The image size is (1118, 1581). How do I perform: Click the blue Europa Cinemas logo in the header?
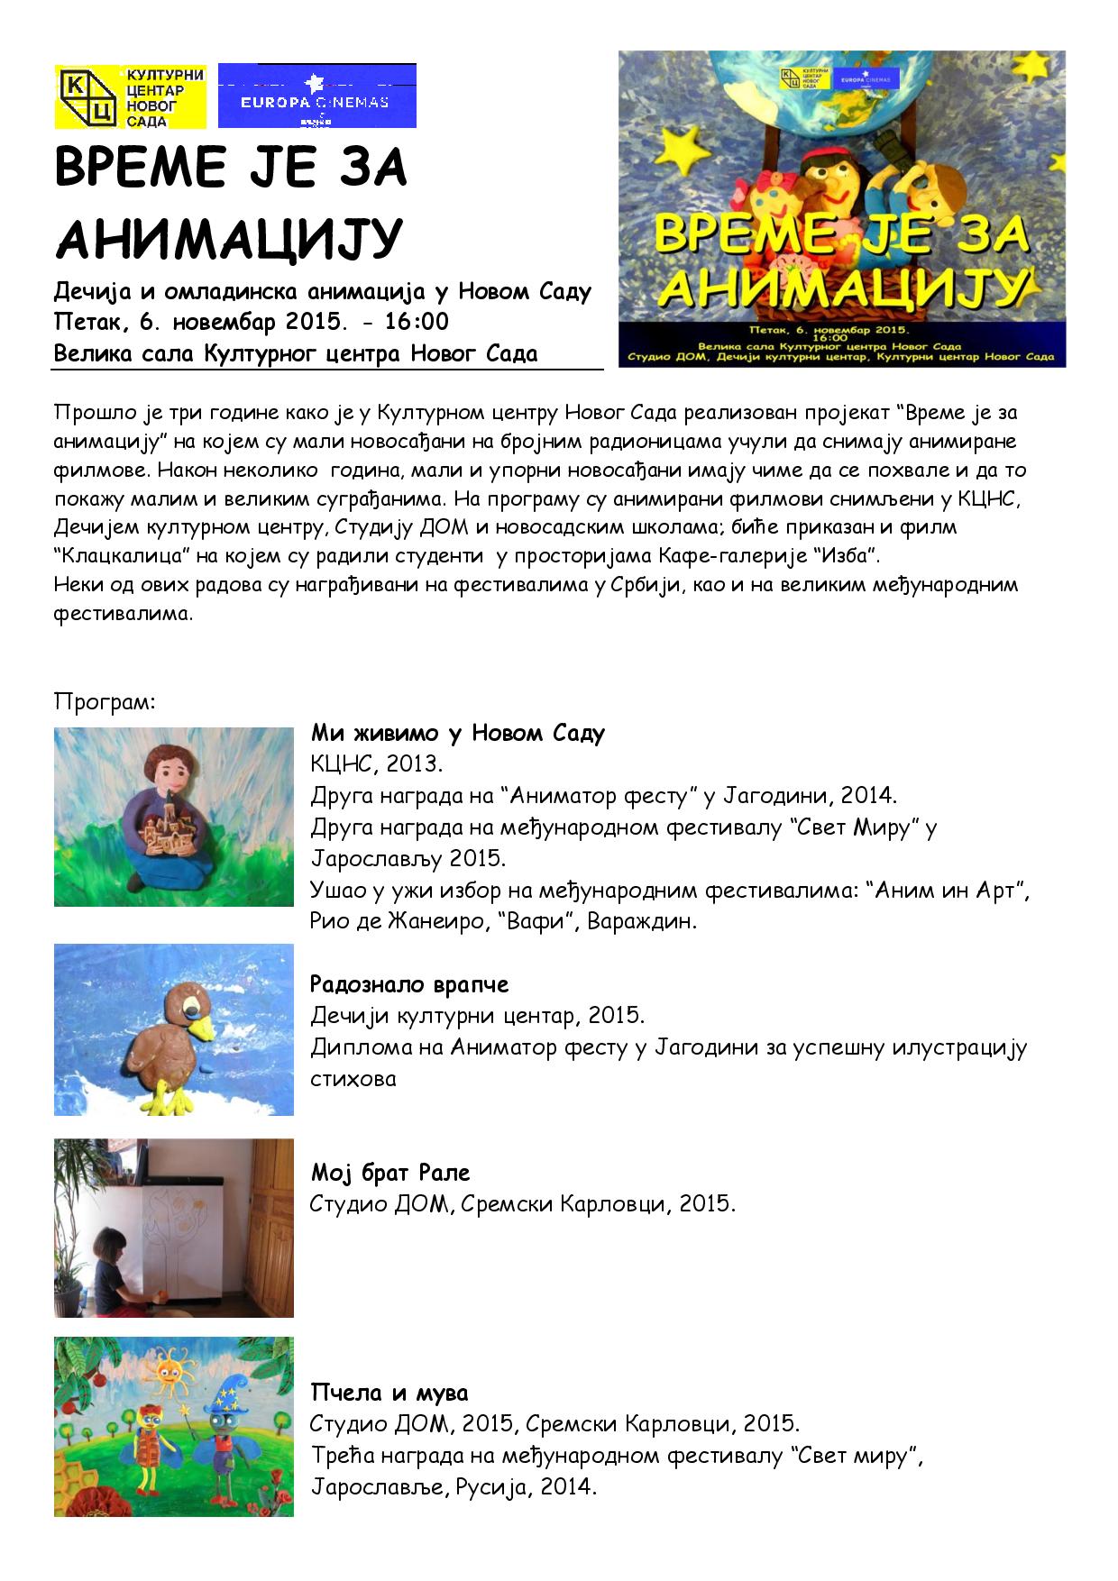point(316,96)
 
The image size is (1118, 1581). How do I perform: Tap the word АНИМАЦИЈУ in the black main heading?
point(227,237)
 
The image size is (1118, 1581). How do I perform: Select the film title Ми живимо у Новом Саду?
point(457,733)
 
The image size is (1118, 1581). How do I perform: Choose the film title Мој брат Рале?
point(389,1173)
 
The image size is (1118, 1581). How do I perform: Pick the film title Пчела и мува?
point(389,1393)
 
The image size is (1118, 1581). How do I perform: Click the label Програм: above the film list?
point(105,701)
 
